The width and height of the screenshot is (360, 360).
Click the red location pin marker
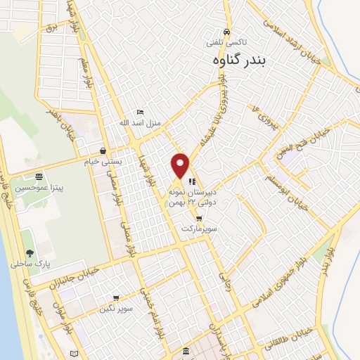click(181, 166)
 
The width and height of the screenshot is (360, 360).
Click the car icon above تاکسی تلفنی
click(226, 32)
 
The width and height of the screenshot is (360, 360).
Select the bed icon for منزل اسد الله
click(139, 112)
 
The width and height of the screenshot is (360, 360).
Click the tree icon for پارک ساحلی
click(30, 253)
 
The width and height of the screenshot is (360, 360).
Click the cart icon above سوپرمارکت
click(198, 219)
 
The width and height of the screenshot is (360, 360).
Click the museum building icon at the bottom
click(185, 350)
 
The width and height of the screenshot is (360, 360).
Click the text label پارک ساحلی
click(27, 264)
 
